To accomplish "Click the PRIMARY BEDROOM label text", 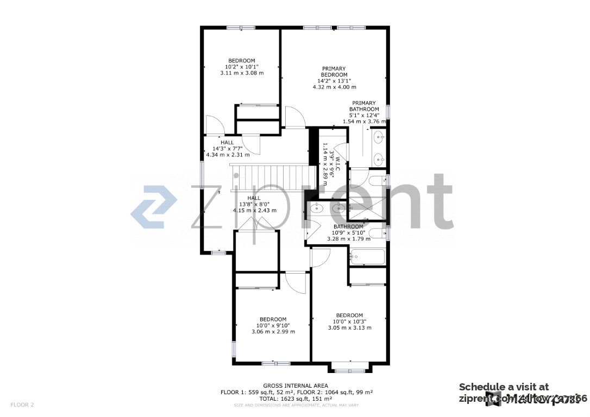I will [334, 72].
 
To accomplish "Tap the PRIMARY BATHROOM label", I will [364, 106].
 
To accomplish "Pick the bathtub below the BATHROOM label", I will [367, 257].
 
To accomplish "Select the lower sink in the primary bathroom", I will [379, 160].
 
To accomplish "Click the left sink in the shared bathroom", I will [316, 207].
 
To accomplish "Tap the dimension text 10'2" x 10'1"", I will [242, 67].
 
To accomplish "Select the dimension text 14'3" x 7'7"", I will [227, 149].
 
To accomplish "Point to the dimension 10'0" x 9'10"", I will [273, 326].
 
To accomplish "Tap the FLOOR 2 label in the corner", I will [22, 405].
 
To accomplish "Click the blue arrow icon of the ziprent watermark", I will [154, 207].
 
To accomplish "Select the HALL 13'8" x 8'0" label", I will [254, 204].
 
